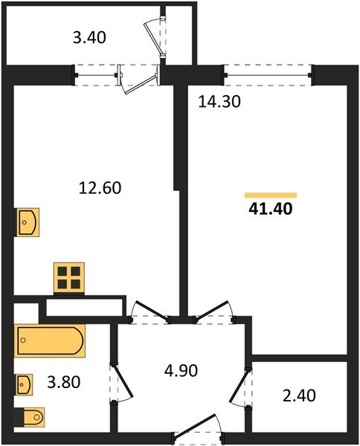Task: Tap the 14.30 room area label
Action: point(219,103)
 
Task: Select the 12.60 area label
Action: point(100,188)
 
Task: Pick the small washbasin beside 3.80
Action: point(25,385)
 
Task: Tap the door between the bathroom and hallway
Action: point(119,380)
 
